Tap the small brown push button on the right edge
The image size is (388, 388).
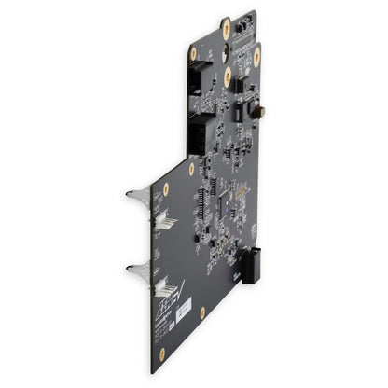pos(260,112)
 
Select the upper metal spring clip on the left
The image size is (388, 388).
pos(137,195)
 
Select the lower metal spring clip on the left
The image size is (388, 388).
pos(137,270)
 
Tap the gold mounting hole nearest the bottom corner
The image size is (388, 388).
pos(161,355)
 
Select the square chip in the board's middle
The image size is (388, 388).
pos(232,195)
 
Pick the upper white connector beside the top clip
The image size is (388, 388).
pos(165,220)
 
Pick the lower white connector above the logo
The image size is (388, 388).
pos(165,287)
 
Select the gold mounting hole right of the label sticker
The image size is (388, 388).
pos(202,312)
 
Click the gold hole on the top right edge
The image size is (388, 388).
pos(256,57)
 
